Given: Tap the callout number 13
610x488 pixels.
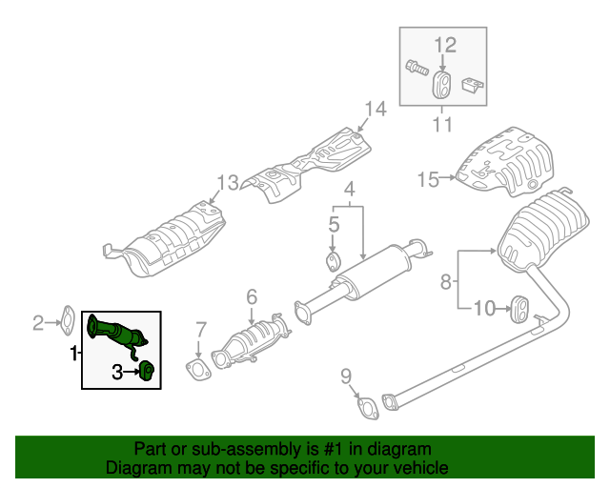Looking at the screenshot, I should [226, 182].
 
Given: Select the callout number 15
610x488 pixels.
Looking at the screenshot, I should [426, 178].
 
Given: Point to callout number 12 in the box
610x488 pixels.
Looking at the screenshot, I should [446, 44].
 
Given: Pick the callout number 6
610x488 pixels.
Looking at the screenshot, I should [252, 297].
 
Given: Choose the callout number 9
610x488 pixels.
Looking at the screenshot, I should [345, 375].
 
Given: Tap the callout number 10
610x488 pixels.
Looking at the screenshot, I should [484, 308].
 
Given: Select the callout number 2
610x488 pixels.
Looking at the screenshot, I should [39, 323].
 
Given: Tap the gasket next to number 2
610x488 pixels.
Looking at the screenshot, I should [69, 315].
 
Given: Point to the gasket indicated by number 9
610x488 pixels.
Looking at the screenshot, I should [366, 410].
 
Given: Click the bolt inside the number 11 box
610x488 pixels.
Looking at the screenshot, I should [417, 68].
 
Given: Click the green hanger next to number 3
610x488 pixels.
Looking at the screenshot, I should [148, 370].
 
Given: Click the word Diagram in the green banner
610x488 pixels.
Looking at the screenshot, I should [138, 469].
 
